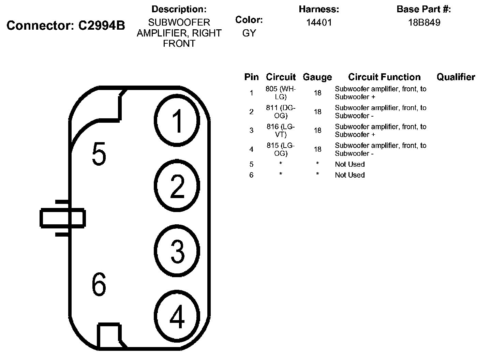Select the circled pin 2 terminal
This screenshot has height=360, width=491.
177,186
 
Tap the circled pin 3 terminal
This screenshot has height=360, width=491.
177,251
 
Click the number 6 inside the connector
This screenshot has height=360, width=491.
99,285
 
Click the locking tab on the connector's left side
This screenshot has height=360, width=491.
63,218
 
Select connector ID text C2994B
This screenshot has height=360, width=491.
102,26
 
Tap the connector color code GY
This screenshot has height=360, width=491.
249,33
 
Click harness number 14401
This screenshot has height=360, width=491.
319,22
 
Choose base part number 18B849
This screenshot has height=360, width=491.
424,22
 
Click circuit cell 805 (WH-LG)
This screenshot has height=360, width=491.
281,93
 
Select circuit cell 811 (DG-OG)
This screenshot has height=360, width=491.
281,111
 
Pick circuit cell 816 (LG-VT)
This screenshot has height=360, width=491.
281,130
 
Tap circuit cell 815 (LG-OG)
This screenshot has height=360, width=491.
281,149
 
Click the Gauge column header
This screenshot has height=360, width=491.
317,77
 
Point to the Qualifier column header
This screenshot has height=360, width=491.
456,77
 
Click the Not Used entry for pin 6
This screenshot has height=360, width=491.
349,175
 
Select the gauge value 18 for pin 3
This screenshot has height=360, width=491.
317,130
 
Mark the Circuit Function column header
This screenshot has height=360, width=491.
384,77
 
